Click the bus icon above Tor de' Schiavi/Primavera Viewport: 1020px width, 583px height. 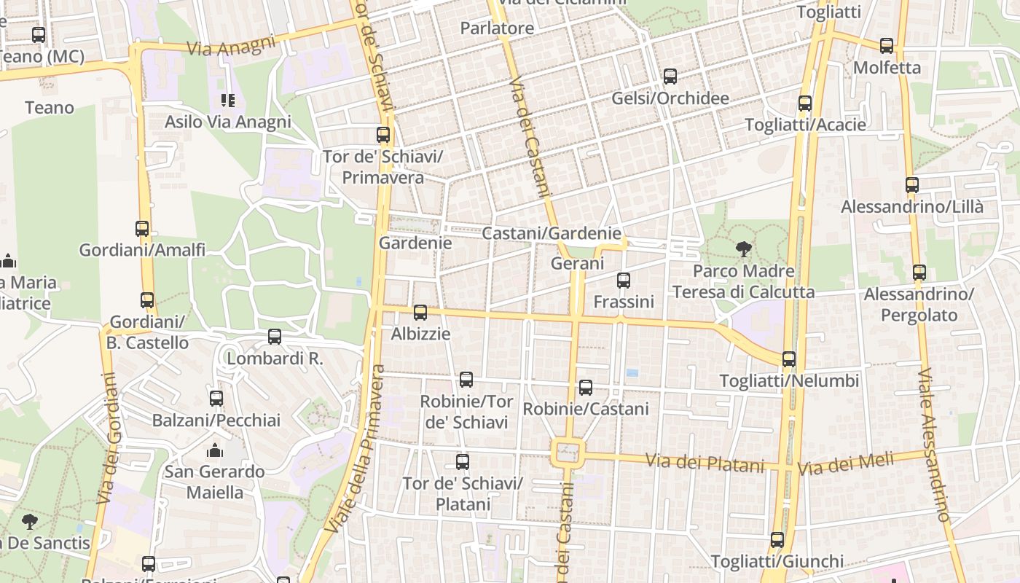click(383, 134)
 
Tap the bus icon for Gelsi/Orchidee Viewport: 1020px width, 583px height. click(670, 76)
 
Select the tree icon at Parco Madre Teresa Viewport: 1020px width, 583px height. click(743, 249)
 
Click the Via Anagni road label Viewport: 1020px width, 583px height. click(232, 45)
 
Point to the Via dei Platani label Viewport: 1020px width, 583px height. click(705, 462)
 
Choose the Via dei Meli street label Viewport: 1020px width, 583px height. click(845, 463)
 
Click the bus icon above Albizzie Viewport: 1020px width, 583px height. click(420, 313)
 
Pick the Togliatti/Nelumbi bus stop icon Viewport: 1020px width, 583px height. click(789, 359)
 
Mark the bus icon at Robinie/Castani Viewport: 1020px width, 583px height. click(586, 387)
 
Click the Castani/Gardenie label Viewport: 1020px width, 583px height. click(552, 234)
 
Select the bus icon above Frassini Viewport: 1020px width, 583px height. click(624, 280)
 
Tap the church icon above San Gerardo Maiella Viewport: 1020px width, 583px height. click(214, 450)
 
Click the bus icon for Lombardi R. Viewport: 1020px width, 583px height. click(275, 336)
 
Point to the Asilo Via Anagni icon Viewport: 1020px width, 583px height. click(228, 100)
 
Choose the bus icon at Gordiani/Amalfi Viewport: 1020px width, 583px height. click(142, 228)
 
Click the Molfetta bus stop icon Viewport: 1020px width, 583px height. click(887, 45)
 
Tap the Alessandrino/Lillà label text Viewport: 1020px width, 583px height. click(912, 207)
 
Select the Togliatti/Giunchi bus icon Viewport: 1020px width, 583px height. click(777, 540)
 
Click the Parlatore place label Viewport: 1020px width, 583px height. click(497, 28)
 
